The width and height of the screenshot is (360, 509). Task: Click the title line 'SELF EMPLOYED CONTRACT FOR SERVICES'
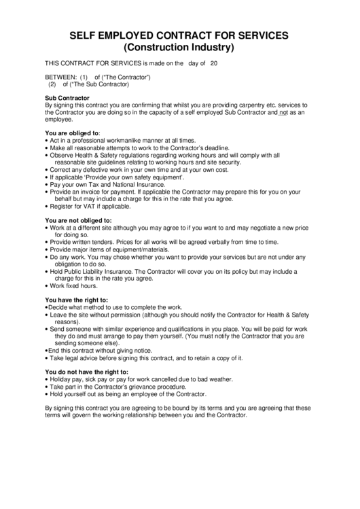coord(180,35)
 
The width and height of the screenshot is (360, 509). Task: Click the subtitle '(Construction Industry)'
coord(180,48)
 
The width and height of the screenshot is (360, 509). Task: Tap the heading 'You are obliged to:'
coord(72,132)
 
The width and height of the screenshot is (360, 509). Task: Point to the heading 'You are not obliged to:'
coord(78,221)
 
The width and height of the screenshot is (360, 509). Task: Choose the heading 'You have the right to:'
coord(77,300)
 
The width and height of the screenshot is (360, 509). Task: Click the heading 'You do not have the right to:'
coord(86,372)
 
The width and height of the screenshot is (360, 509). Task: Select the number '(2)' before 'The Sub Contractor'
coord(52,84)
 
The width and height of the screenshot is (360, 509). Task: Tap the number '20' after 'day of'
coord(214,63)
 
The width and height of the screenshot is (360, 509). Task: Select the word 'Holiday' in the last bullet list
coord(60,379)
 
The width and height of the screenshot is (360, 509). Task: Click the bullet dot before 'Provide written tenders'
coord(46,243)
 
